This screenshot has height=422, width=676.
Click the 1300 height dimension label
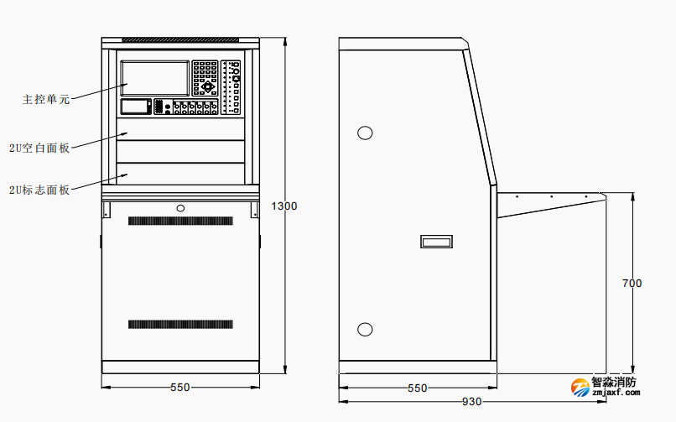pyautogui.click(x=283, y=206)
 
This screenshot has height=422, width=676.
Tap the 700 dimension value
pyautogui.click(x=632, y=284)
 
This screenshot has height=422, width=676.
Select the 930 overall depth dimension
pyautogui.click(x=471, y=402)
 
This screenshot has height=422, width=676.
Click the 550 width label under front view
pyautogui.click(x=179, y=388)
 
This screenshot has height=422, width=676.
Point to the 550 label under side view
pyautogui.click(x=418, y=388)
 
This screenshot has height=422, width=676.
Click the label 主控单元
pyautogui.click(x=45, y=100)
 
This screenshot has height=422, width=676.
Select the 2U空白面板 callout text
pyautogui.click(x=39, y=148)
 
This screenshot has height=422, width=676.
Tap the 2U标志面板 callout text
pyautogui.click(x=39, y=190)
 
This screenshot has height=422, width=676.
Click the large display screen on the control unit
pyautogui.click(x=155, y=78)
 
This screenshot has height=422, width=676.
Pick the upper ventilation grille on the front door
pyautogui.click(x=180, y=221)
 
